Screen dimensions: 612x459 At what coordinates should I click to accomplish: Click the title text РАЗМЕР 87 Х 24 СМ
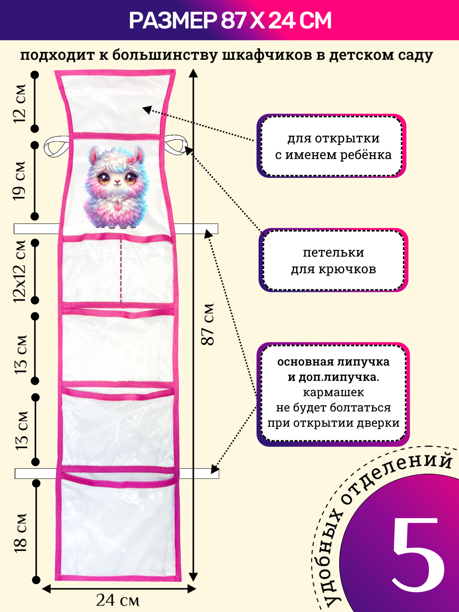[230, 20]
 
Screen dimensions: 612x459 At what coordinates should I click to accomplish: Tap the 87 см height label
[208, 324]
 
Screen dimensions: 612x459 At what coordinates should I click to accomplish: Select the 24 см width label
[118, 601]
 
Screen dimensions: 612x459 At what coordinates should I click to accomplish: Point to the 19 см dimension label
[19, 181]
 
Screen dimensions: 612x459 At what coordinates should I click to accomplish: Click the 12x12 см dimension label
[19, 271]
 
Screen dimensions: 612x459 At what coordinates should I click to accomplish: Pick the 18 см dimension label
[20, 533]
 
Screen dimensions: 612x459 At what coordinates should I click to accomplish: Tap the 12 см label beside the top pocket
[19, 103]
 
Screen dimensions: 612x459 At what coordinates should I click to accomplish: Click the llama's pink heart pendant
[118, 207]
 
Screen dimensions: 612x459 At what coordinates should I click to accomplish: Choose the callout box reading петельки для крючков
[333, 260]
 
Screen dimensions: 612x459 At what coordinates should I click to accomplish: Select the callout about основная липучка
[333, 393]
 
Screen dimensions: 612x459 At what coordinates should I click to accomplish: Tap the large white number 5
[418, 555]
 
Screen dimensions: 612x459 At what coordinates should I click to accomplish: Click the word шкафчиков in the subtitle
[266, 55]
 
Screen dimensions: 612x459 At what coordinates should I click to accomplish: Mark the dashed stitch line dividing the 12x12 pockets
[121, 269]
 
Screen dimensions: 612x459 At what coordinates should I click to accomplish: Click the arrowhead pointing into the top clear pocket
[147, 110]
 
